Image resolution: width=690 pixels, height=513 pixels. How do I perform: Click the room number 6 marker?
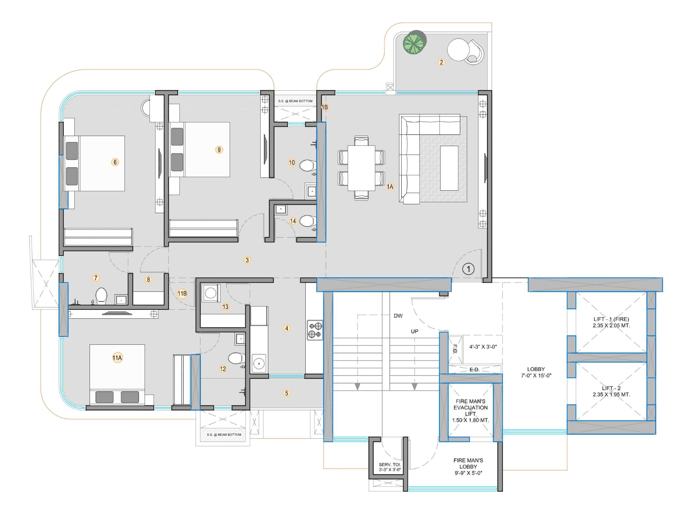click(x=115, y=162)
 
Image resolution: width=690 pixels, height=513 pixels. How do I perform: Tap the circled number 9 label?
click(x=219, y=150)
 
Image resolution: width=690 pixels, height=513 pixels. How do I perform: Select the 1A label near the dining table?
click(x=390, y=187)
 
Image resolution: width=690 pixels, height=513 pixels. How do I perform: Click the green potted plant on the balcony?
click(x=414, y=42)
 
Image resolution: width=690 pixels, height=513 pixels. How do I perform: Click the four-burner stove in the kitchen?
click(x=315, y=330)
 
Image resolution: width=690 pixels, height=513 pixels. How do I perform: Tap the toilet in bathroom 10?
click(x=308, y=165)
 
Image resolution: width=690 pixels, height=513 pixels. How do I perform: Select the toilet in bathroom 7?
click(x=101, y=295)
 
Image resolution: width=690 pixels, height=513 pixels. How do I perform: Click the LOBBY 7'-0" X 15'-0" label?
click(x=536, y=372)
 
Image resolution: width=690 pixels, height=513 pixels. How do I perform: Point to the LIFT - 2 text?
click(x=611, y=388)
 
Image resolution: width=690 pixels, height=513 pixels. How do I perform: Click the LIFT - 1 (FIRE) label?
click(x=611, y=319)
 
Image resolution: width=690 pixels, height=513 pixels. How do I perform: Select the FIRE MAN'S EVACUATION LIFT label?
click(x=470, y=407)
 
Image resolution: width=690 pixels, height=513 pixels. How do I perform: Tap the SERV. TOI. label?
click(x=390, y=464)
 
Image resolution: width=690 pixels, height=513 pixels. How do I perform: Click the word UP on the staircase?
click(x=414, y=332)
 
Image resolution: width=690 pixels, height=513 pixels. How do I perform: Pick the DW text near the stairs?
click(x=398, y=316)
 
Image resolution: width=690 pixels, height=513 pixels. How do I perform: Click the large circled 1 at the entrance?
click(x=468, y=269)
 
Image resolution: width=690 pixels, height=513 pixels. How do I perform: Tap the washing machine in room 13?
click(x=210, y=293)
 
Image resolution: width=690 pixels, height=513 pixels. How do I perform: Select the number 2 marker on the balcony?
click(x=441, y=62)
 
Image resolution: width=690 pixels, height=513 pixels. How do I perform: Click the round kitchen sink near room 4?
click(x=259, y=364)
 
